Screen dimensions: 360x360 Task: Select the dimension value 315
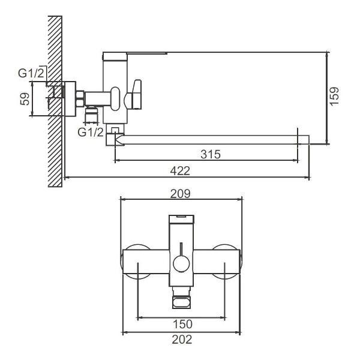pyautogui.click(x=209, y=154)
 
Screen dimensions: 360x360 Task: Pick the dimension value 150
pyautogui.click(x=181, y=325)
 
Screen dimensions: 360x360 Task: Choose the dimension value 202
pyautogui.click(x=181, y=340)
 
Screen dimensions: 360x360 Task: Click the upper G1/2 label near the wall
pyautogui.click(x=31, y=73)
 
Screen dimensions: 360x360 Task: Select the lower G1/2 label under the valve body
pyautogui.click(x=91, y=132)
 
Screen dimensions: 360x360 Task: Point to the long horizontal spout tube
pyautogui.click(x=210, y=140)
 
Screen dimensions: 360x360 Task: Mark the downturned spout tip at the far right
pyautogui.click(x=304, y=140)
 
